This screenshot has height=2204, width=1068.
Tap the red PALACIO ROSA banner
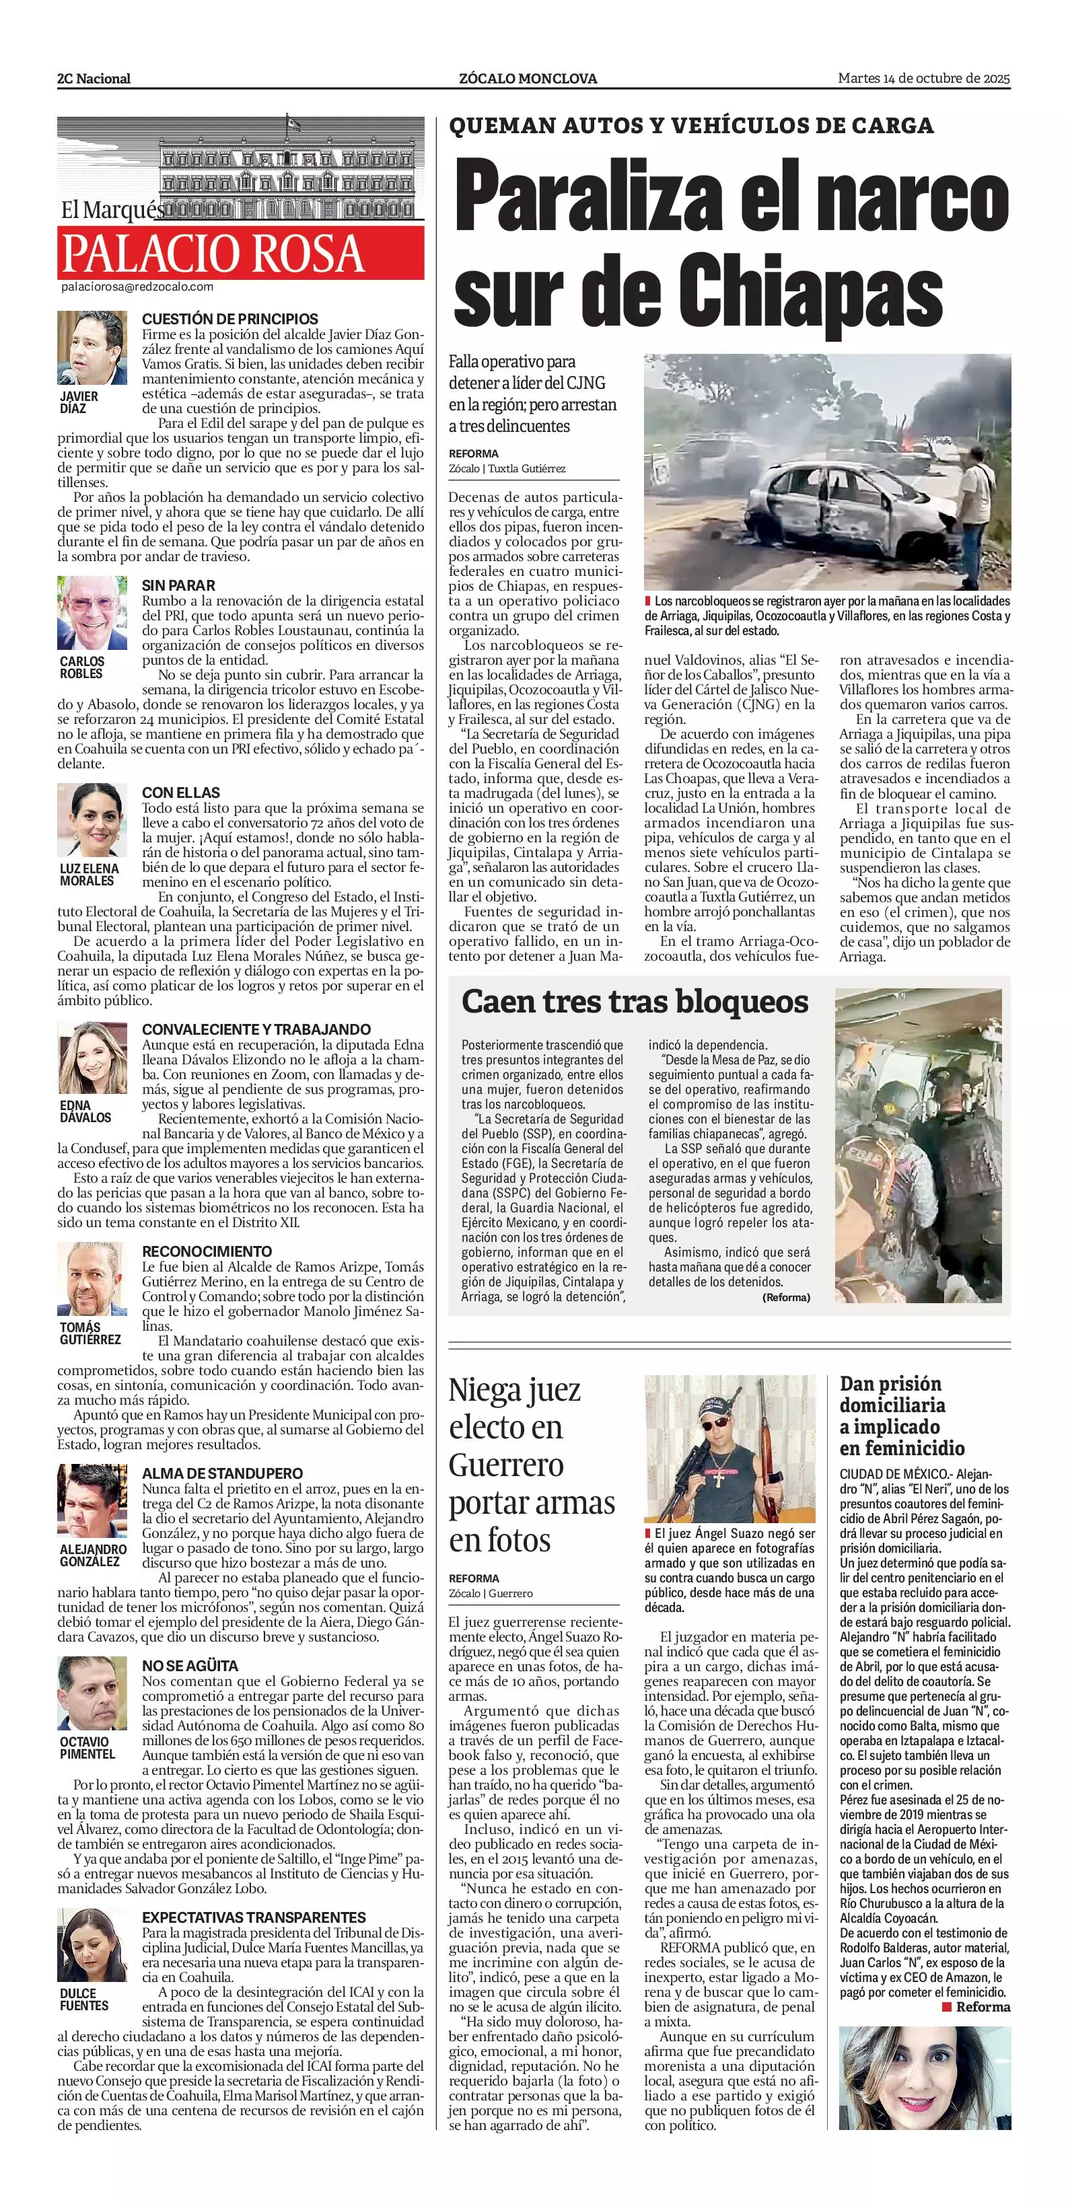pyautogui.click(x=240, y=252)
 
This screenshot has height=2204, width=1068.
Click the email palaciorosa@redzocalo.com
pyautogui.click(x=137, y=287)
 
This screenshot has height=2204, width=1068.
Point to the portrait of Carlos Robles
pyautogui.click(x=92, y=613)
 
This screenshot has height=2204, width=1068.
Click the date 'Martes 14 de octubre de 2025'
pyautogui.click(x=923, y=78)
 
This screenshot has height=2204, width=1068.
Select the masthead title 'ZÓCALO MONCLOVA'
pyautogui.click(x=528, y=79)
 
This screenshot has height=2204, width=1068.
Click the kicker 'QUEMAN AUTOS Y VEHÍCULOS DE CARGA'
pyautogui.click(x=690, y=126)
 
